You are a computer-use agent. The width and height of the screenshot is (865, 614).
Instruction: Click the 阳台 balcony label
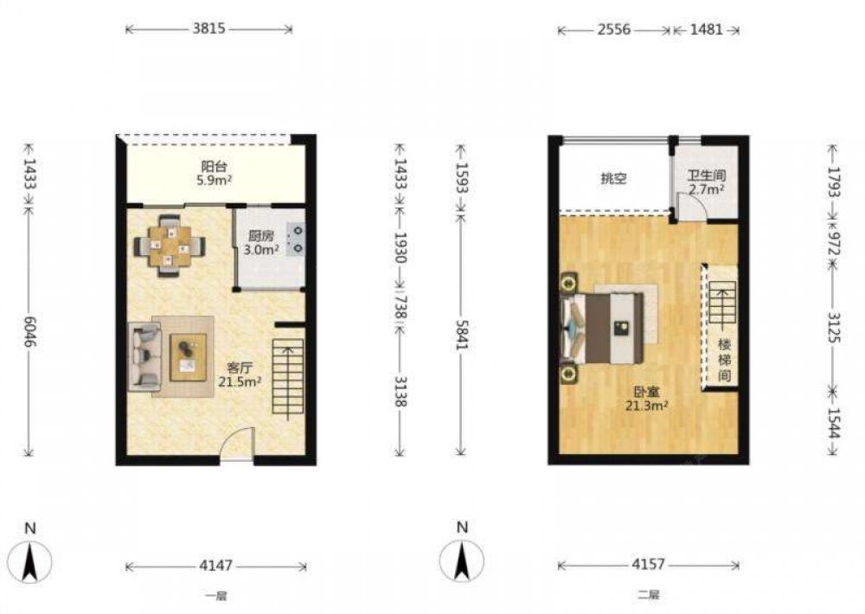(215, 166)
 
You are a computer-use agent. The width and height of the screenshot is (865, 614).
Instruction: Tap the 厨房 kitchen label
(260, 236)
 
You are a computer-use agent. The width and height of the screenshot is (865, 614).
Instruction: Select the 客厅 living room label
(240, 368)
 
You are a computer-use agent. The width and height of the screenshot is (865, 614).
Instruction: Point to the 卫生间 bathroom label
(706, 176)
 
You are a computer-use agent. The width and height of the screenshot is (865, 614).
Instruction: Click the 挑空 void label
(613, 179)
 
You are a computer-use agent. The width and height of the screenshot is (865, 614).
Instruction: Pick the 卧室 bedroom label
(646, 393)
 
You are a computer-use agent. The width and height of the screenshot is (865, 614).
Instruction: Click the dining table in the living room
(170, 245)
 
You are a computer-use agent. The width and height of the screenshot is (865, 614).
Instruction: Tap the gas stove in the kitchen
(296, 239)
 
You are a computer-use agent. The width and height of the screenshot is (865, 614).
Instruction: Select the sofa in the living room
(144, 357)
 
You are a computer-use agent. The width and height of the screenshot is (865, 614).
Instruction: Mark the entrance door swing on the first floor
(237, 442)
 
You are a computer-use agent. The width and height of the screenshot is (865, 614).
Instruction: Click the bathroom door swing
(691, 208)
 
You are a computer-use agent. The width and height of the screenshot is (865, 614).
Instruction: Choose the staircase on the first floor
(288, 377)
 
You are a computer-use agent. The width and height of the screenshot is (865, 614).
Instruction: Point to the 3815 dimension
(209, 29)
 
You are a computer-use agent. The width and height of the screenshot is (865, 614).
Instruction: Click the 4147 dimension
(215, 566)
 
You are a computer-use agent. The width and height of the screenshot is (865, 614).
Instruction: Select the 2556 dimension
(614, 29)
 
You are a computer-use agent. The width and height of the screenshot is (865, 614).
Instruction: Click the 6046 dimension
(29, 332)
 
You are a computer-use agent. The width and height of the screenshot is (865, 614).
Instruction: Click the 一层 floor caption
(215, 596)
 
